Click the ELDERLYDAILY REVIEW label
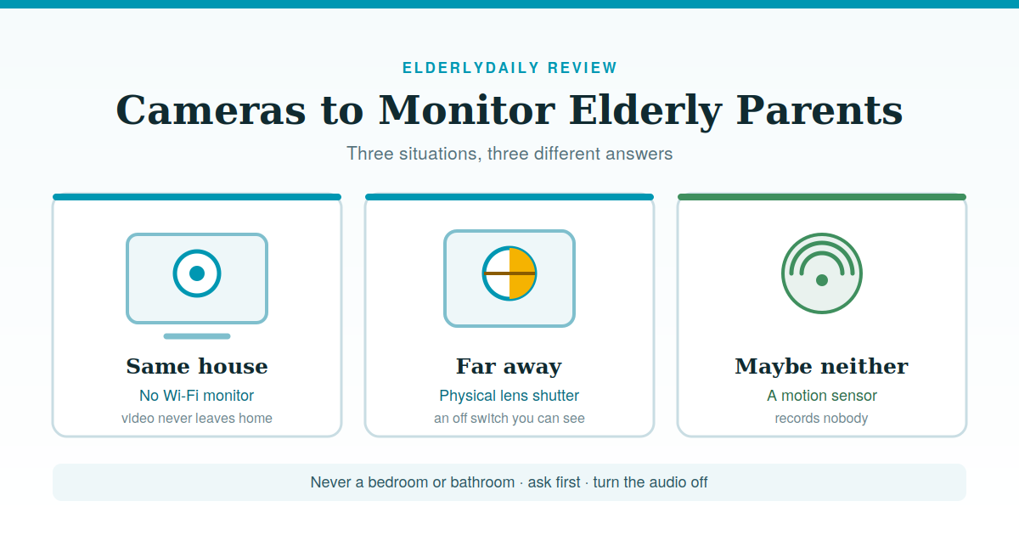pos(509,68)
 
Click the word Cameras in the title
pos(211,110)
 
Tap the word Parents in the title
pos(819,110)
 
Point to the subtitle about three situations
pos(509,154)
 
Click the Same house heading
pos(197,366)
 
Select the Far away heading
pos(509,367)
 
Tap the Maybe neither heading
pos(822,366)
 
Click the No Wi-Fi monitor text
pos(196,396)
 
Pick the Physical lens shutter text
pos(509,396)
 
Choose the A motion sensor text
pos(822,396)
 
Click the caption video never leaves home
pos(197,418)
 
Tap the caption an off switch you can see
pos(509,418)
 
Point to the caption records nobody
pos(822,418)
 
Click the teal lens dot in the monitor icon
pos(197,273)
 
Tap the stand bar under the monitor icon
pos(197,336)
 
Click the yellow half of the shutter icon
pos(522,273)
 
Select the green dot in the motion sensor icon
pos(822,280)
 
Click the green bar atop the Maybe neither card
pos(822,197)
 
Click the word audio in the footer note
pos(669,482)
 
